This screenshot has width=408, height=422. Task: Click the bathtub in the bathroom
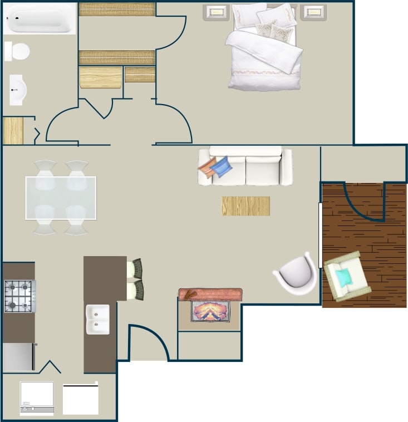tap(39, 18)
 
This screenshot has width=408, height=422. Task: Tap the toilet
tap(18, 52)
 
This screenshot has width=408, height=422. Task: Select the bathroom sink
tap(17, 90)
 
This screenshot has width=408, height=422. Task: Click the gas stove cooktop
tap(19, 296)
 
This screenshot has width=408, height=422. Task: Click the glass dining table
tap(61, 198)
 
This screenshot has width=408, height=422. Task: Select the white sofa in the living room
tap(245, 166)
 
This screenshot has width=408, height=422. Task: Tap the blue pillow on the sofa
tap(222, 166)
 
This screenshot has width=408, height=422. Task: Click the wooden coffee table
tap(245, 206)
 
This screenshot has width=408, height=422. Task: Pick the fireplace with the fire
tap(210, 310)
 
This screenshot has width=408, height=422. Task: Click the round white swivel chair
tap(296, 273)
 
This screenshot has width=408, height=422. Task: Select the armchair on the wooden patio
tap(347, 276)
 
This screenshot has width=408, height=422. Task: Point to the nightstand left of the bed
tap(217, 12)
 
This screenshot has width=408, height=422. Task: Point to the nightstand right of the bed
tap(314, 12)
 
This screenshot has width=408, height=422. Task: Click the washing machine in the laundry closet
tap(37, 398)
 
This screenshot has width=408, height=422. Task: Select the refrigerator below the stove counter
tap(19, 357)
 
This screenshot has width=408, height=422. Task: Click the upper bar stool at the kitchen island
tap(135, 269)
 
